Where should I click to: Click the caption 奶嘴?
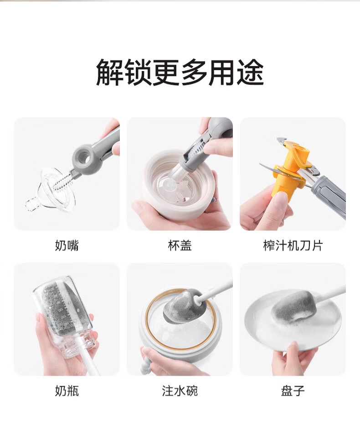click(67, 245)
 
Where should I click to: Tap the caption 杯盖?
click(180, 245)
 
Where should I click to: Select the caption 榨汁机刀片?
click(293, 245)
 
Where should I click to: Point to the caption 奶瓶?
click(67, 390)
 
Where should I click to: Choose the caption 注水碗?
click(180, 390)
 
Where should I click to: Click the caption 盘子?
click(293, 390)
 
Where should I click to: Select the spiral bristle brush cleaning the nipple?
click(64, 182)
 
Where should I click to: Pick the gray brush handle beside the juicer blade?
click(329, 194)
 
